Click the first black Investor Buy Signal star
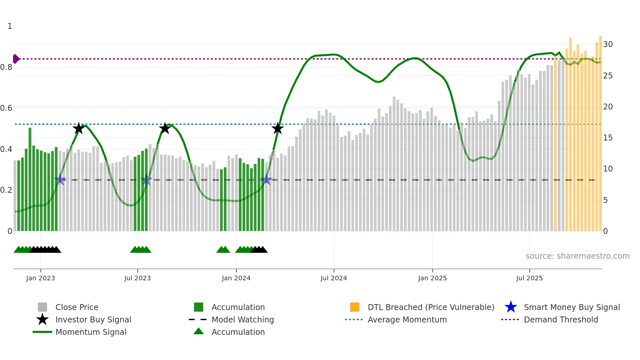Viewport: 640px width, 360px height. point(78,128)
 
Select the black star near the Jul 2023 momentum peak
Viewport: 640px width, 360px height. point(165,128)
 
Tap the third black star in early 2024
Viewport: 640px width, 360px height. point(278,128)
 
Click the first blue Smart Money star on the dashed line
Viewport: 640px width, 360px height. point(60,180)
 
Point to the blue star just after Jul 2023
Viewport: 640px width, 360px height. point(146,180)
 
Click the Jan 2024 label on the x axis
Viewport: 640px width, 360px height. point(236,278)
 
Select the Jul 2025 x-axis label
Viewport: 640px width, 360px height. point(529,278)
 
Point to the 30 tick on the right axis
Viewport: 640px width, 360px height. point(608,44)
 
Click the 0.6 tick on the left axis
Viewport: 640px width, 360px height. point(6,108)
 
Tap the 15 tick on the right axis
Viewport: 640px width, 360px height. point(608,138)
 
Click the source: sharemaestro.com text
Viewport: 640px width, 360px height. point(577,256)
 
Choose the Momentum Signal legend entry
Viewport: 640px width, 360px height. point(91,332)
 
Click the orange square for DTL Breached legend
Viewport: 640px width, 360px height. point(355,307)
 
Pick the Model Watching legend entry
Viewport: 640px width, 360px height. point(243,319)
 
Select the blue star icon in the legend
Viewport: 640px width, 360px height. point(511,307)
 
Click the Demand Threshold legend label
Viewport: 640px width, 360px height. point(561,319)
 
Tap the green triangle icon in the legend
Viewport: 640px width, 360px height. point(199,331)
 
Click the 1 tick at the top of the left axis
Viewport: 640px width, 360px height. point(10,26)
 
